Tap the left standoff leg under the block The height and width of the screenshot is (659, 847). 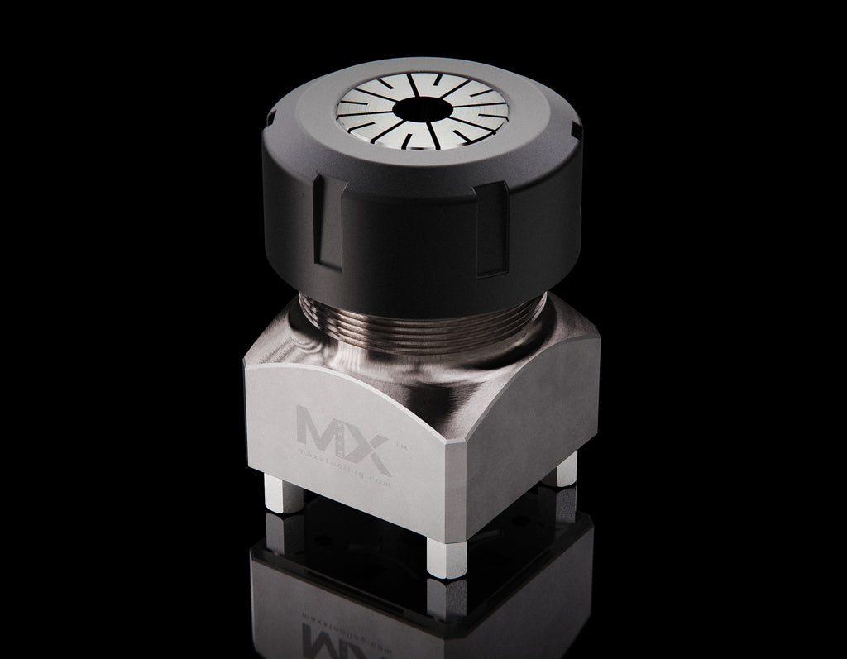pos(271,495)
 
